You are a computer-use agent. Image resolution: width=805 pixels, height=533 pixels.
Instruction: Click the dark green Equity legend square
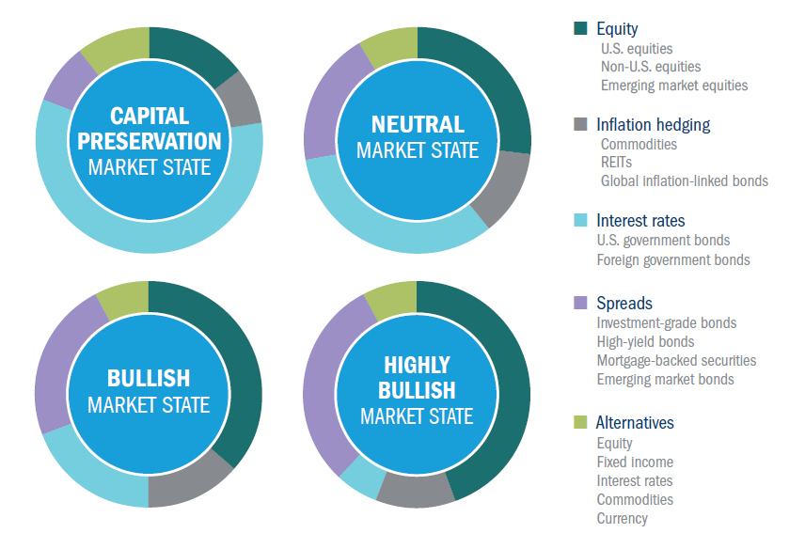580,29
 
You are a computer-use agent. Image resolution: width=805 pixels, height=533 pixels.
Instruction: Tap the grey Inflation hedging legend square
580,125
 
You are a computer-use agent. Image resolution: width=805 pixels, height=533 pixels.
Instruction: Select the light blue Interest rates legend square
580,221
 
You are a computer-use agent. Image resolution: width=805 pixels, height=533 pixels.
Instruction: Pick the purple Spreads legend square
580,304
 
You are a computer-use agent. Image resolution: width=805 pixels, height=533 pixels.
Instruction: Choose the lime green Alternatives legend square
580,423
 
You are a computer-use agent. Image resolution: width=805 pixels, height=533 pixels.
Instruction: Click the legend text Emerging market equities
674,86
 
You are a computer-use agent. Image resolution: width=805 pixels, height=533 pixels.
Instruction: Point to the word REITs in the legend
617,163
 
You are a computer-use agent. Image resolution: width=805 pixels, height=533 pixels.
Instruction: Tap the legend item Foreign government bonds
673,259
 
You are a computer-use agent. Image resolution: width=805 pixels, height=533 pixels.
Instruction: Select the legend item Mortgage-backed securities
676,361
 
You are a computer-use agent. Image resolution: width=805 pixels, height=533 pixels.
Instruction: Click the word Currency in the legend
622,519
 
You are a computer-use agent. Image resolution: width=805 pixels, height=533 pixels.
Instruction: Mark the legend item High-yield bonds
645,342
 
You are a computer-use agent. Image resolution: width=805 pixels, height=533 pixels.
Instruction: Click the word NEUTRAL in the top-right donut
418,125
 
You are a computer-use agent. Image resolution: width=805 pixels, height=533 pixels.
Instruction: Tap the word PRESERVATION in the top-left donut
149,142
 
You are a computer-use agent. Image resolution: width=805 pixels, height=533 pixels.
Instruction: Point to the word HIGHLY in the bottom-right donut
417,365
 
